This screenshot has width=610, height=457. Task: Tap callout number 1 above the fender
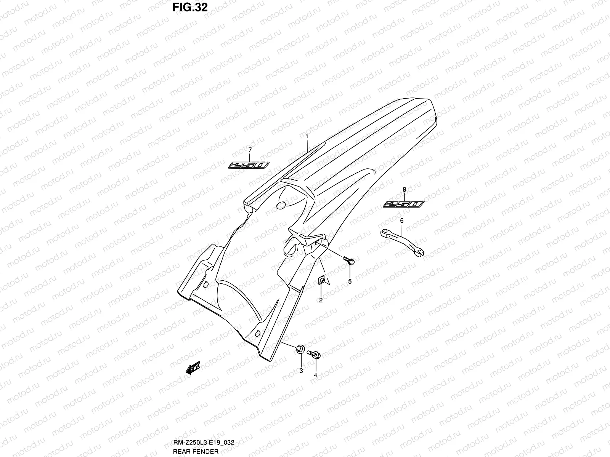pos(307,136)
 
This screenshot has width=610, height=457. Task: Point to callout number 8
pos(404,189)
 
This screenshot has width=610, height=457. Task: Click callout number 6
pos(402,221)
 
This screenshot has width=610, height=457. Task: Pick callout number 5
pos(350,281)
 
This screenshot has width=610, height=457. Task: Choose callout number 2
pos(321,300)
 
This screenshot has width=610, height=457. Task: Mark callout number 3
pos(301,371)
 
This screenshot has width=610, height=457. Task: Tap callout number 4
pos(316,375)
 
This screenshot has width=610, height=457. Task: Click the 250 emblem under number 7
pos(249,165)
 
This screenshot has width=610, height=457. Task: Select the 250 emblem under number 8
pos(403,204)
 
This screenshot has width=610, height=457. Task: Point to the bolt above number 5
pos(349,260)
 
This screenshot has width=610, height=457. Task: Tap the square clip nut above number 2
pos(322,281)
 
